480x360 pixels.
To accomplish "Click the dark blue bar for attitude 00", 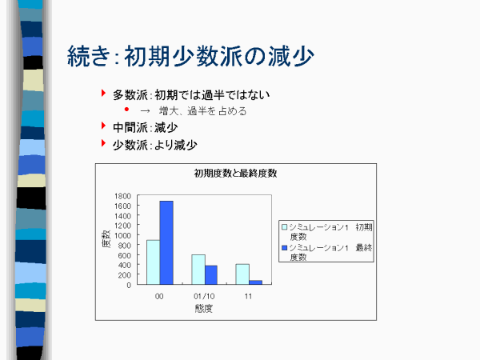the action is [x=166, y=242].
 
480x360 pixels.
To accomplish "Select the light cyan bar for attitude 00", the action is [x=154, y=262].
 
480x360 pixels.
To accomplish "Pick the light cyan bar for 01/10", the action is [x=198, y=270].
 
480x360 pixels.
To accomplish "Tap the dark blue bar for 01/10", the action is [x=211, y=275].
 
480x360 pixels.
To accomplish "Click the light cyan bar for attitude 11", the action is [x=242, y=274].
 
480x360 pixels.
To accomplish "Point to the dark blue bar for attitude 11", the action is [x=256, y=282].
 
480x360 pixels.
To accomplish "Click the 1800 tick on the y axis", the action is [x=122, y=196].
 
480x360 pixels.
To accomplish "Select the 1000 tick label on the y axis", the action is [x=122, y=235].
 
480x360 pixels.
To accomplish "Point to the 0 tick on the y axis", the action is [x=129, y=285].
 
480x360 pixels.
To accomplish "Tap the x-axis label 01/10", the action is [x=204, y=296].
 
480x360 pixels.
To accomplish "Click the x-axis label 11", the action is [x=248, y=296].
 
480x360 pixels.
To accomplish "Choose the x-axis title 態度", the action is [x=204, y=308].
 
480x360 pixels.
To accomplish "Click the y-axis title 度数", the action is [x=106, y=239].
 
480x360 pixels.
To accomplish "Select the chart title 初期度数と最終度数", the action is [x=235, y=174].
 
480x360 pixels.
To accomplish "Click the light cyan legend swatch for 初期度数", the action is [x=284, y=227].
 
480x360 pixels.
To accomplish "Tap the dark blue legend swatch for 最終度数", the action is [x=284, y=247].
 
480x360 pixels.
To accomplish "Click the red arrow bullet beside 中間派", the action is [x=103, y=126].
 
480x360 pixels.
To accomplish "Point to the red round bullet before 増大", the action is [x=126, y=109].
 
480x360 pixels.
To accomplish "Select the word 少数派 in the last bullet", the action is [x=130, y=145].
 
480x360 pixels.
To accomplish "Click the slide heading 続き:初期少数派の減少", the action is [x=190, y=56].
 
